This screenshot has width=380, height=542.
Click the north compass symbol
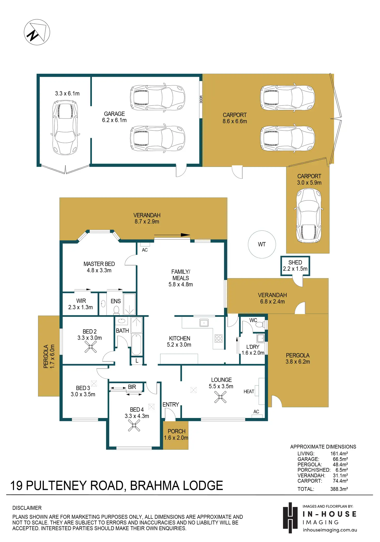tap(37, 32)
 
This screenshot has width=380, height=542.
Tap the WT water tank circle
tap(262, 244)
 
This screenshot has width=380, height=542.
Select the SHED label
tap(295, 262)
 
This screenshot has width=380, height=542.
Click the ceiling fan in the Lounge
tap(220, 397)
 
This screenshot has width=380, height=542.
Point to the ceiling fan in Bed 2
tap(91, 347)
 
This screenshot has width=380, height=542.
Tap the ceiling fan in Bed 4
tap(134, 425)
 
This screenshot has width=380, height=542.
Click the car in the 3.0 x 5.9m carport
tap(308, 216)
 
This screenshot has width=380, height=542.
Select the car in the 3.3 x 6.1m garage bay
tap(65, 127)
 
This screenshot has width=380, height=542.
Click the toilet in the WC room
tap(260, 324)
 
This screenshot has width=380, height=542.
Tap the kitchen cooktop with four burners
tap(218, 338)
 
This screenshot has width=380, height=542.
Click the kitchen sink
tap(204, 323)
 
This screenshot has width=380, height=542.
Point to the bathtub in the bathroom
tap(136, 344)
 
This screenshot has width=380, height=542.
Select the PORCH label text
tap(177, 431)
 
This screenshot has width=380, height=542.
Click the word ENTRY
tap(171, 405)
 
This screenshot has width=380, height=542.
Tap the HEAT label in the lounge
tap(249, 391)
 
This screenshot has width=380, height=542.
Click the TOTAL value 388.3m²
tap(339, 489)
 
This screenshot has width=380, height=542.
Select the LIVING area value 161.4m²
tap(339, 453)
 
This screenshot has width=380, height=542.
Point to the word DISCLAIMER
tap(27, 508)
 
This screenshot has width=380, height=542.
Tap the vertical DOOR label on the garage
tap(201, 99)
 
